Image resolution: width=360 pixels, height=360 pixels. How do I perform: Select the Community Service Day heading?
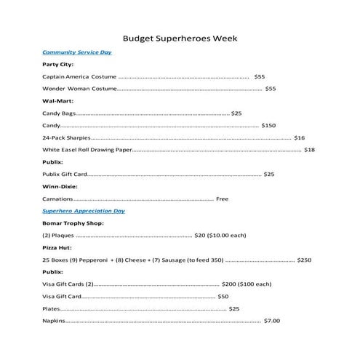(77, 52)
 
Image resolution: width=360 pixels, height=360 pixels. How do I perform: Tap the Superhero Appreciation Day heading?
(84, 211)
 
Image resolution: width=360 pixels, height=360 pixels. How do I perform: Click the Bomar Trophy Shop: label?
(73, 223)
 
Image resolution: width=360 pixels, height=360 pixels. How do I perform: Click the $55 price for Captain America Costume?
(260, 76)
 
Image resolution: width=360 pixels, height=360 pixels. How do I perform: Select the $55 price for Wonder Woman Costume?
(271, 89)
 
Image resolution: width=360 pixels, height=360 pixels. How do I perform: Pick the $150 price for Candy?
(268, 126)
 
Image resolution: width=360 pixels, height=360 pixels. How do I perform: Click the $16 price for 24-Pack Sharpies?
(300, 137)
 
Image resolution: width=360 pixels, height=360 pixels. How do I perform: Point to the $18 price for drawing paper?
(309, 150)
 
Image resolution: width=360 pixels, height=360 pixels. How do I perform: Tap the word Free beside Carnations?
(222, 199)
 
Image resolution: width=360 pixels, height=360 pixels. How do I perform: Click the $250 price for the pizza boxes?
(304, 260)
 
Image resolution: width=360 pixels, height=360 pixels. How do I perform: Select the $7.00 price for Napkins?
(271, 321)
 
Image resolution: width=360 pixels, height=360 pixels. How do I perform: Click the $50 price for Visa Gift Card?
(223, 297)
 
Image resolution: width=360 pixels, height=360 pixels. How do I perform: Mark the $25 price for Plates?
(234, 309)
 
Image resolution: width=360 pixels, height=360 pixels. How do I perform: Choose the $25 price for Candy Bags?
(236, 113)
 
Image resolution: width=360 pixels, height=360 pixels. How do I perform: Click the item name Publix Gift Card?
(65, 175)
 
